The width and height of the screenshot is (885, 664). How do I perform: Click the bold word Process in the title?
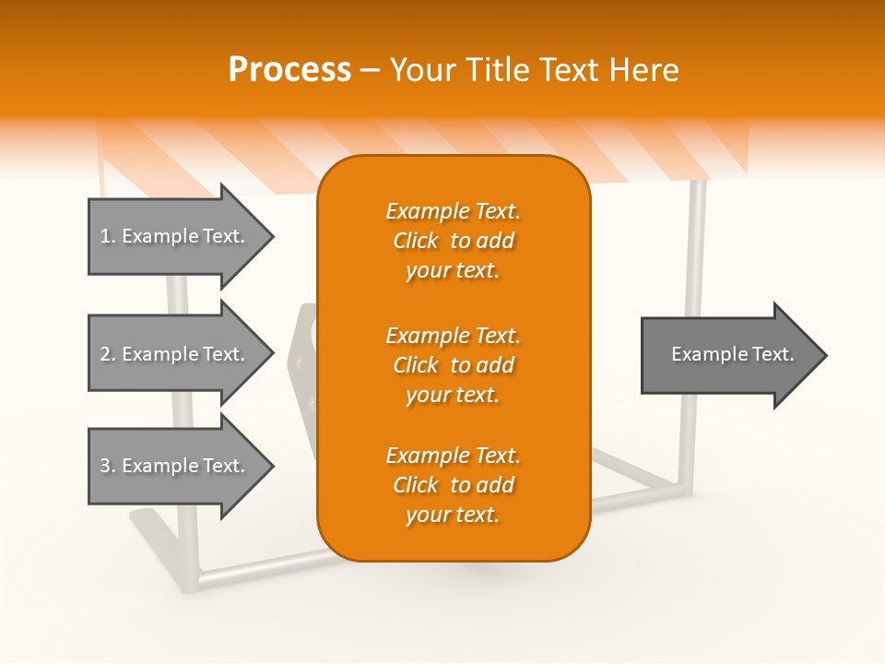point(289,70)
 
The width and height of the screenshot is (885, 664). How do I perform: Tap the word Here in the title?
point(643,70)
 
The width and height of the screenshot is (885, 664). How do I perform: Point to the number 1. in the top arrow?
point(108,236)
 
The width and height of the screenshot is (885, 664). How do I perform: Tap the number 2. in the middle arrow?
point(108,354)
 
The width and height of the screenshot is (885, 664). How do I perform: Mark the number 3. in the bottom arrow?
point(108,466)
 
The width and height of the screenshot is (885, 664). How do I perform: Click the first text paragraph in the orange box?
point(453,241)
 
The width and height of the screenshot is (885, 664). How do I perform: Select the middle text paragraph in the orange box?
point(453,365)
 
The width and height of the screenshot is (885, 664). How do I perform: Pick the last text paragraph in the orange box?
point(453,485)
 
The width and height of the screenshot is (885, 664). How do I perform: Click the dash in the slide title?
point(370,70)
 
